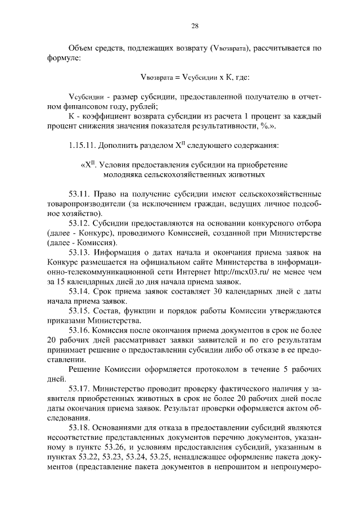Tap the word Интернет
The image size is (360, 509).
click(204, 272)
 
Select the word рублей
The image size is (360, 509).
click(139, 107)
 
